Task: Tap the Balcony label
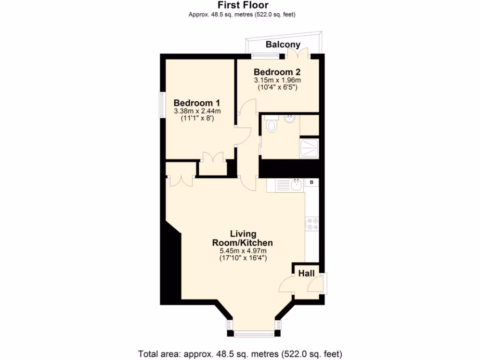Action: pos(283,45)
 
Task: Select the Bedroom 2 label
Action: pos(277,72)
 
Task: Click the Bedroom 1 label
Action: pos(197,103)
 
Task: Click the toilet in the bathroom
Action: pos(271,125)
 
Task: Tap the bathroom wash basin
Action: pos(290,119)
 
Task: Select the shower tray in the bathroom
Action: pos(309,148)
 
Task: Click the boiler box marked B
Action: pos(311,182)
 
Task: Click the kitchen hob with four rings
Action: pos(312,224)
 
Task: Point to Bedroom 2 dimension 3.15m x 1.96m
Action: pos(277,80)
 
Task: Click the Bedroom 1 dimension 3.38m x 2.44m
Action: pos(197,111)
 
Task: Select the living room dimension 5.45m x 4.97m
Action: pos(243,251)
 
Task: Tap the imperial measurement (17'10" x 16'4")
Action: pos(243,258)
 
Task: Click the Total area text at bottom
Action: pos(240,353)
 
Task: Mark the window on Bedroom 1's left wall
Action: pos(161,104)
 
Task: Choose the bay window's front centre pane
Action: pos(254,334)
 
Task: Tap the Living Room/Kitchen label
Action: pos(243,238)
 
